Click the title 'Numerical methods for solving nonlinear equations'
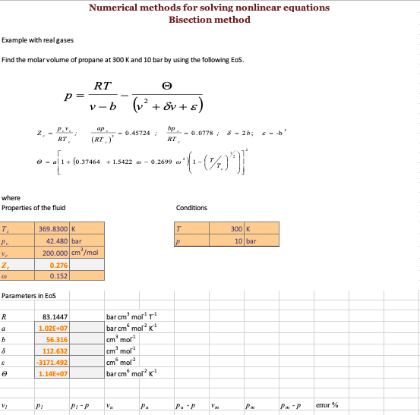tap(209, 8)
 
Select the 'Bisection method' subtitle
tap(209, 20)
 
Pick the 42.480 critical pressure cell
tap(54, 241)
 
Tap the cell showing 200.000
tap(54, 253)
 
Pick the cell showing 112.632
tap(55, 351)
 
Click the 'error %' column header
tap(326, 406)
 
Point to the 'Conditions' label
tap(191, 208)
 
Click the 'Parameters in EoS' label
tap(28, 295)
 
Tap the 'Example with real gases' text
tap(37, 39)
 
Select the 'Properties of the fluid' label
tap(33, 208)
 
